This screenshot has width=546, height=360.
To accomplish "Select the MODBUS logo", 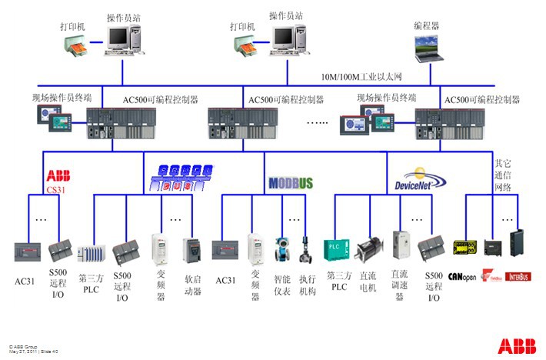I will [x=291, y=183].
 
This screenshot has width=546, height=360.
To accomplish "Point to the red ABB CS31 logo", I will [x=58, y=181].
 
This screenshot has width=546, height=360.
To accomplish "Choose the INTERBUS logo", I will [x=518, y=275].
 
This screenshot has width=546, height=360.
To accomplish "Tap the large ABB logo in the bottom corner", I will [x=517, y=345].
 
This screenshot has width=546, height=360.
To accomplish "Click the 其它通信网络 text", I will [x=502, y=175].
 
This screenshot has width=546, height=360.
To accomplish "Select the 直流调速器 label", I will [x=399, y=285].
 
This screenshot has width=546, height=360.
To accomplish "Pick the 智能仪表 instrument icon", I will [x=281, y=248].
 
